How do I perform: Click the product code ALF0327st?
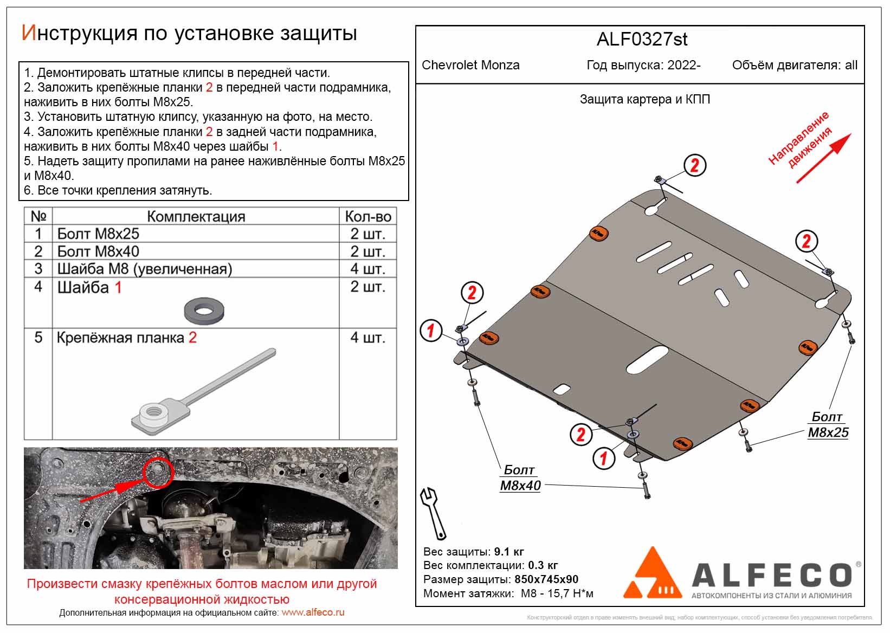click(642, 40)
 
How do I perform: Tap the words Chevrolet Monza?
click(470, 66)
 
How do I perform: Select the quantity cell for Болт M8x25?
click(367, 234)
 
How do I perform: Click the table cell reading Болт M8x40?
click(98, 251)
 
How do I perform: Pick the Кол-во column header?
click(367, 216)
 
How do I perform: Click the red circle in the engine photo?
click(158, 472)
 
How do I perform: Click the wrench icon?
click(433, 512)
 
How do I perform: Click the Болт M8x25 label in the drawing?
click(828, 424)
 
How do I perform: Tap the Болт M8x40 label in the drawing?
click(520, 477)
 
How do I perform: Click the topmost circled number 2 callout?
click(694, 165)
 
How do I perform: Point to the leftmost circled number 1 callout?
click(431, 330)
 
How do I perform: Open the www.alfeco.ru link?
click(313, 612)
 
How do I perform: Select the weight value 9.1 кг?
click(508, 552)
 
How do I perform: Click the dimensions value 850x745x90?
click(546, 579)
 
